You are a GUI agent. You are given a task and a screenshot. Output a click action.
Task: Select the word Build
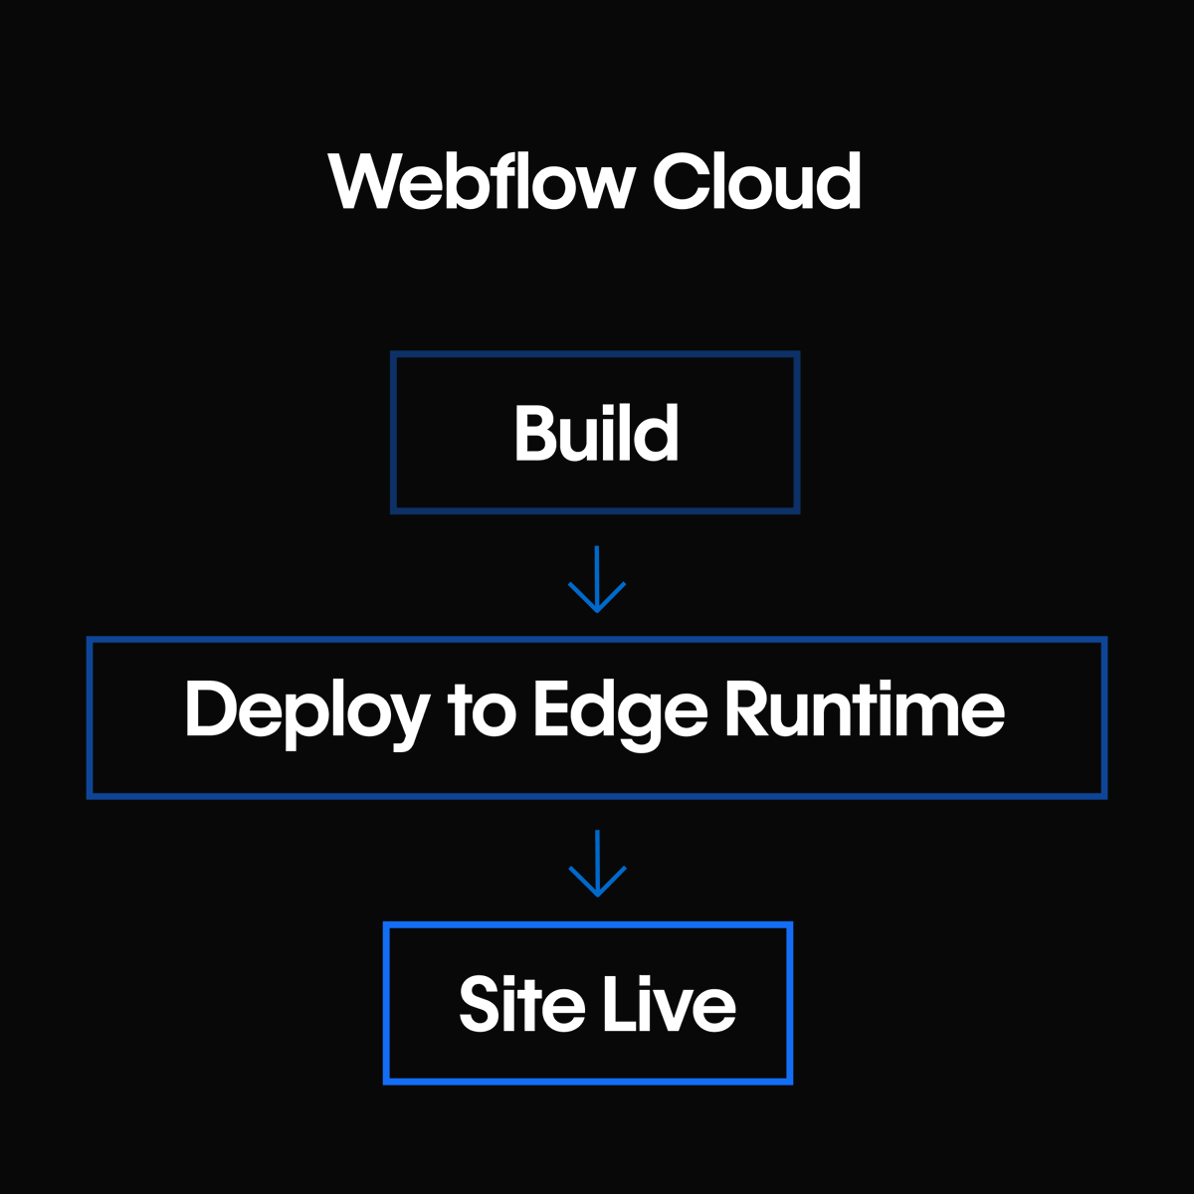click(x=596, y=434)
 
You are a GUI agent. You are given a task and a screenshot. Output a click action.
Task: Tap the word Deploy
click(x=306, y=711)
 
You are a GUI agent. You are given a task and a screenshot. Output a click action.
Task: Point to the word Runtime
click(x=865, y=710)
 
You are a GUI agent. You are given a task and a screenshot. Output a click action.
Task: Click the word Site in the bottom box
click(x=521, y=1004)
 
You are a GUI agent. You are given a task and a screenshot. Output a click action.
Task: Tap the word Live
click(x=669, y=1004)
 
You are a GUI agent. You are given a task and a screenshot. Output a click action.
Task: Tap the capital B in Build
click(x=535, y=434)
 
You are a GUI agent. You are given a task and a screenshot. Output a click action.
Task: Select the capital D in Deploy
click(x=210, y=710)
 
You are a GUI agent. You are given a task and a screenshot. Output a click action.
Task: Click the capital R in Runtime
click(x=746, y=710)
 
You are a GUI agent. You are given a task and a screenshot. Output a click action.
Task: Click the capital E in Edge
click(x=553, y=710)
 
